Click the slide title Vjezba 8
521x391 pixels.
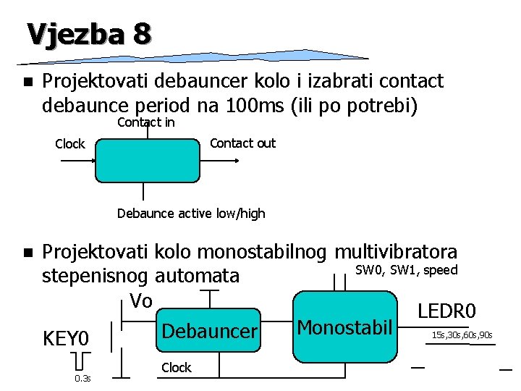(x=89, y=33)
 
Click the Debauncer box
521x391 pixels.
(x=210, y=332)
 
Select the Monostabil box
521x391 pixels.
(x=344, y=327)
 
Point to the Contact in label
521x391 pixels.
(x=145, y=122)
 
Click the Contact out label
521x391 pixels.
(x=242, y=143)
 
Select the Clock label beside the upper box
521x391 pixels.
(x=69, y=144)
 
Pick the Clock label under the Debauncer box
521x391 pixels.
(x=177, y=368)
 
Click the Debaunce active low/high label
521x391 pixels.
(x=191, y=214)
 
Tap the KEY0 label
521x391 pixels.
(x=66, y=339)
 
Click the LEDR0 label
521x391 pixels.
(x=446, y=311)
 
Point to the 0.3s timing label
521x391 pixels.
(x=82, y=378)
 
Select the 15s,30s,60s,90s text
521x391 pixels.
(x=462, y=335)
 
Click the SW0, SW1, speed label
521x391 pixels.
(x=406, y=270)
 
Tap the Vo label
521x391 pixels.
(x=140, y=300)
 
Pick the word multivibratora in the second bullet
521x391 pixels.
(x=396, y=252)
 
